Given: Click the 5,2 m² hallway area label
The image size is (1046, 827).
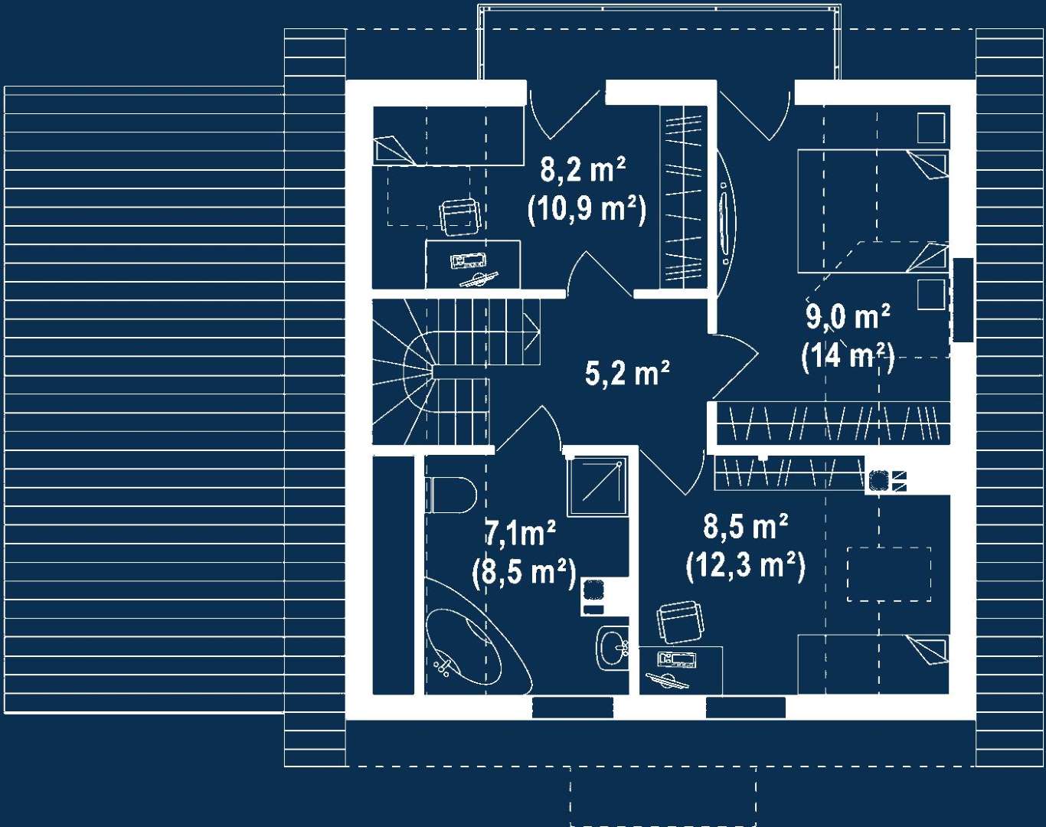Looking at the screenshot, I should click(x=626, y=374).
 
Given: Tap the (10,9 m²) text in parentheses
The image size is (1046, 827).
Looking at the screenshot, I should click(x=587, y=208).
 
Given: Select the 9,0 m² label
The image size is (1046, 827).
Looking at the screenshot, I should click(x=847, y=315).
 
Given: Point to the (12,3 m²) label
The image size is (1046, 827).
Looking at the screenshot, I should click(x=745, y=566).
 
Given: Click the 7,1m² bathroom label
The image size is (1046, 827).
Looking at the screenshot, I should click(x=521, y=533).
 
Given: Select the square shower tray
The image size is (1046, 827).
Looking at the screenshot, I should click(x=597, y=486).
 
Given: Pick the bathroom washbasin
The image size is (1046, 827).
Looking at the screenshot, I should click(x=613, y=648).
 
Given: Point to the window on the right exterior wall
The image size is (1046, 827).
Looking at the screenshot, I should click(x=963, y=299).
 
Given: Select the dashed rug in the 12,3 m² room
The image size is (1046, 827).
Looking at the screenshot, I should click(x=888, y=574).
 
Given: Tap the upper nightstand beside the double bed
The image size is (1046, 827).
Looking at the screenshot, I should click(x=930, y=127).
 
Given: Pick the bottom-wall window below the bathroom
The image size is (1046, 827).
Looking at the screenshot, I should click(x=572, y=708).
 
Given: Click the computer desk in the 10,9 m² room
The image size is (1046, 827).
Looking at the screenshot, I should click(x=472, y=264).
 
